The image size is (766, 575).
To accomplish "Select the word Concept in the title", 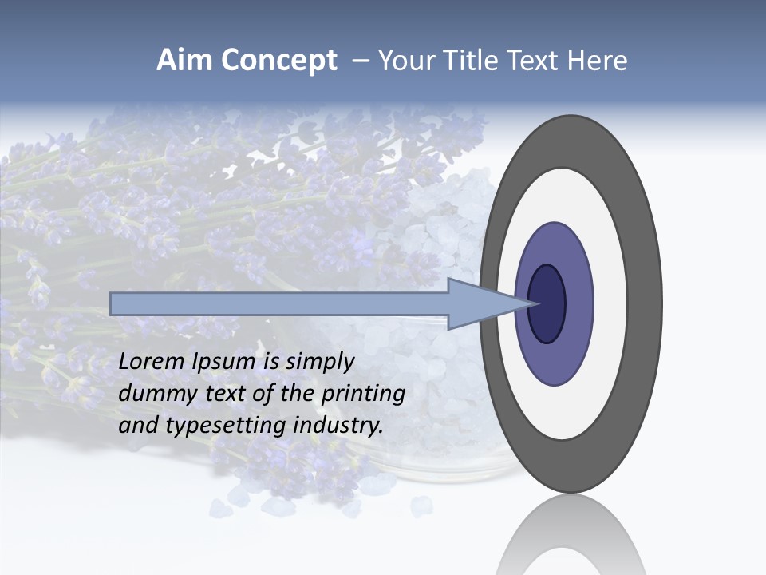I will (279, 61).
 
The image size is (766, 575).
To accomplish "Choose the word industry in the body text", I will (338, 426).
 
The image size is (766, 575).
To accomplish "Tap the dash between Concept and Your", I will (360, 61).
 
